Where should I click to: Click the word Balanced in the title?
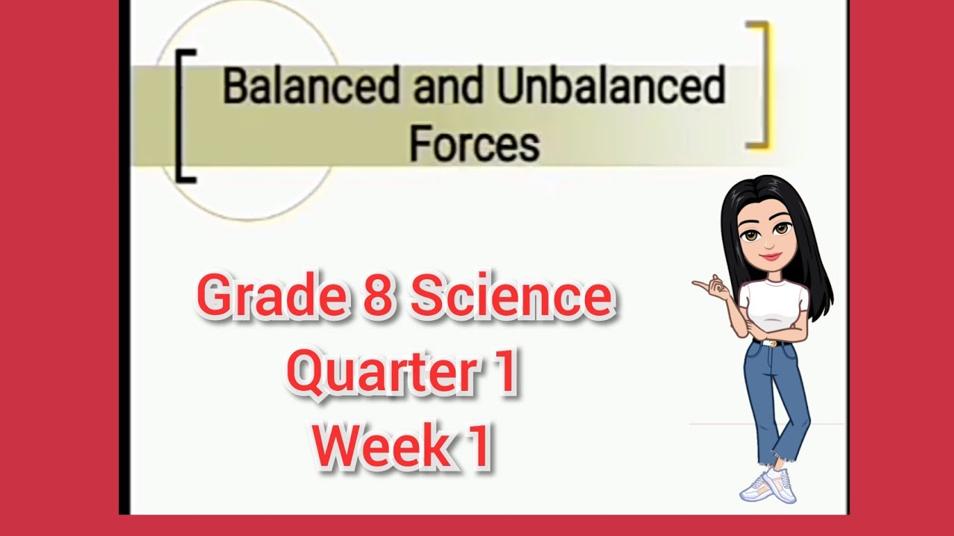pos(307,88)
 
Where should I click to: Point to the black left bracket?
pos(184,115)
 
